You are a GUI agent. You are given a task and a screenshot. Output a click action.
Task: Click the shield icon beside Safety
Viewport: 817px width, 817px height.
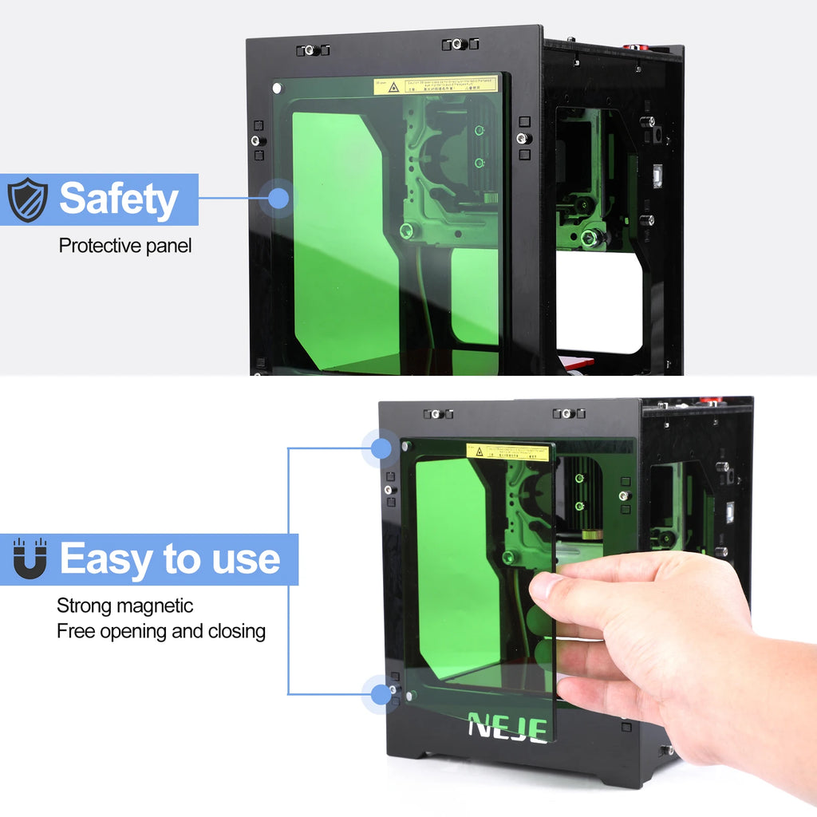tap(28, 199)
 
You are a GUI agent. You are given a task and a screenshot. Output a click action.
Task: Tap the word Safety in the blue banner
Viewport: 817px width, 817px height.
tap(118, 199)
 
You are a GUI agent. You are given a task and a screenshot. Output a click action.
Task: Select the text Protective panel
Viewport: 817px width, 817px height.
tap(125, 246)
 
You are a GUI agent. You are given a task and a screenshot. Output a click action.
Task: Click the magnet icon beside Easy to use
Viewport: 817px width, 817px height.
tap(30, 558)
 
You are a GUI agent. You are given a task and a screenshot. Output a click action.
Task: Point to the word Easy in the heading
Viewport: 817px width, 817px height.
tap(104, 559)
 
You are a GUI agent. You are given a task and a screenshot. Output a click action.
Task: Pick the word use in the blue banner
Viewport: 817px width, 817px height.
tap(247, 559)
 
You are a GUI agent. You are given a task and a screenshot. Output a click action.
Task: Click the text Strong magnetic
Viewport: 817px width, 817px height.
tap(124, 606)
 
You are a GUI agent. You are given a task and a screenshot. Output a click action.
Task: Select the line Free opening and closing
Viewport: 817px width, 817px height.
tap(160, 632)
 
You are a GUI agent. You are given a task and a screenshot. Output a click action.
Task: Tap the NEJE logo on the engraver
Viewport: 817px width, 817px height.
tap(507, 727)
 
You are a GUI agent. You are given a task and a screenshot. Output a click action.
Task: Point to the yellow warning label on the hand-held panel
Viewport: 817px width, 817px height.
tap(508, 452)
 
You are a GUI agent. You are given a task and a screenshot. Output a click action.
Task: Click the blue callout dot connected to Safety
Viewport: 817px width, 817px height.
tap(278, 198)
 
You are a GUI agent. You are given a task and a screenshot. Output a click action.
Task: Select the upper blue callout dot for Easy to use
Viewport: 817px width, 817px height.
tap(381, 448)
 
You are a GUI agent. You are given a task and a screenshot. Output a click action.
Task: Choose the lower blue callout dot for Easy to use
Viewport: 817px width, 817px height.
tap(381, 694)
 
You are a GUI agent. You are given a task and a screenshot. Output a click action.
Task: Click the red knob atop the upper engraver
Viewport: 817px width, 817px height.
tap(636, 46)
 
